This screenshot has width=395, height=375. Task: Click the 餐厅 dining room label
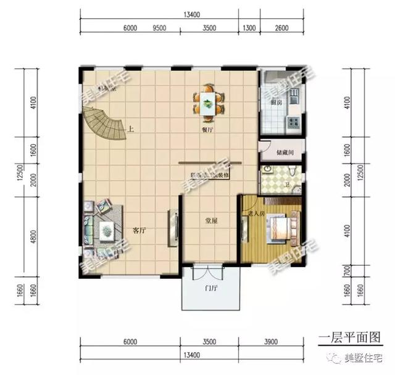[x=207, y=131]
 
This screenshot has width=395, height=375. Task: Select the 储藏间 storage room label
[x=280, y=150]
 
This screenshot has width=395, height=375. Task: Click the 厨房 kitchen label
[x=276, y=102]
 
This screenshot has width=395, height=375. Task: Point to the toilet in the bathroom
[x=290, y=173]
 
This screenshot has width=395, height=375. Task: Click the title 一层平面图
[x=349, y=337]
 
